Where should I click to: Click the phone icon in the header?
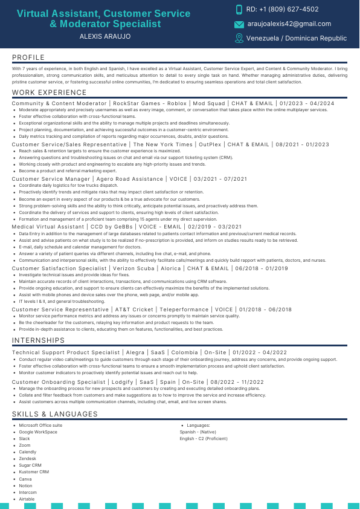pos(239,10)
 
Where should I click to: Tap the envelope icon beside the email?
pos(239,24)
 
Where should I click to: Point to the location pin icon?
pos(239,38)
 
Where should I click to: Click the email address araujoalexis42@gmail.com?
pos(289,24)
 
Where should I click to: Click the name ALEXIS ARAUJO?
pos(104,36)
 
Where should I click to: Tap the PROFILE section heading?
pos(28,57)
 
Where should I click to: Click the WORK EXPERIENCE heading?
pos(50,92)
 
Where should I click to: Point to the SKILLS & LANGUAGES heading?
pos(54,414)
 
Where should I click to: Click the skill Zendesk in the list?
pos(28,459)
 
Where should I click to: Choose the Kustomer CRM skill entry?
pos(34,472)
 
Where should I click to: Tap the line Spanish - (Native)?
pos(198,432)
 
